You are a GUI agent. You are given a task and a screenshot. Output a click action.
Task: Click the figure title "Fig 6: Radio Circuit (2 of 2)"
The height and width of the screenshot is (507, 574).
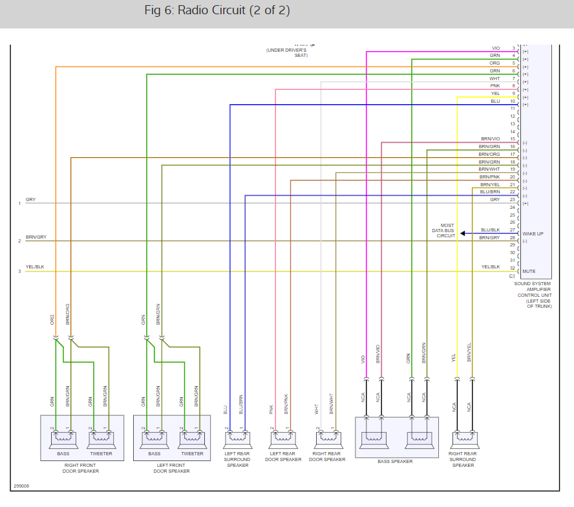pyautogui.click(x=217, y=11)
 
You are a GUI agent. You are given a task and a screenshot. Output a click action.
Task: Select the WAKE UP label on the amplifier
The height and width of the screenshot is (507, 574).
pyautogui.click(x=533, y=233)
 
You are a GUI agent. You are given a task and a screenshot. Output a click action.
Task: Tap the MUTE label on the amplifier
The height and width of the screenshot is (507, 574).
pyautogui.click(x=529, y=271)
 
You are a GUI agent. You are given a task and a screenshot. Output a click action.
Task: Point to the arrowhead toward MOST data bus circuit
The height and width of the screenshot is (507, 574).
pyautogui.click(x=463, y=233)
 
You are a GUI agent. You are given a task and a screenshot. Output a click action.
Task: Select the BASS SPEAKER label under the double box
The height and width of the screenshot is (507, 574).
pyautogui.click(x=395, y=461)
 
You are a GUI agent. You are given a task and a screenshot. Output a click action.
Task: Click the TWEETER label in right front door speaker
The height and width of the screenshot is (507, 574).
pyautogui.click(x=101, y=454)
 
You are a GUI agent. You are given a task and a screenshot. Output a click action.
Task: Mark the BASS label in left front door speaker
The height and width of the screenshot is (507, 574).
pyautogui.click(x=154, y=454)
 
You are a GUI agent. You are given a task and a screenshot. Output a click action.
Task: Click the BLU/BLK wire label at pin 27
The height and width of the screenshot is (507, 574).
pyautogui.click(x=490, y=230)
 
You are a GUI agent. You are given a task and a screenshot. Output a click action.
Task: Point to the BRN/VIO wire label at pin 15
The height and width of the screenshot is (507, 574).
pyautogui.click(x=490, y=139)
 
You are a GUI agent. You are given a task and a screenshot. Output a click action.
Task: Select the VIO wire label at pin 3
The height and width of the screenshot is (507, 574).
pyautogui.click(x=496, y=49)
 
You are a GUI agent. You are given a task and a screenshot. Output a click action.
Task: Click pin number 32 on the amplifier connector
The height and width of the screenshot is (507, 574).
pyautogui.click(x=512, y=268)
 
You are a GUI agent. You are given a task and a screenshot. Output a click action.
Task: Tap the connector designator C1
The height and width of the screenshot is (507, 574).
pyautogui.click(x=512, y=275)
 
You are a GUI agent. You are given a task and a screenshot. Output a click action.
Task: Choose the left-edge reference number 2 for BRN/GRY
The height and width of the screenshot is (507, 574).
pyautogui.click(x=19, y=241)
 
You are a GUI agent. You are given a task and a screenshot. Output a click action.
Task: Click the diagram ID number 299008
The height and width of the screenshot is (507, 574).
pyautogui.click(x=21, y=486)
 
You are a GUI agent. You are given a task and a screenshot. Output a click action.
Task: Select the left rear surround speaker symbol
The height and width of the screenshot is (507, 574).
pyautogui.click(x=237, y=440)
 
